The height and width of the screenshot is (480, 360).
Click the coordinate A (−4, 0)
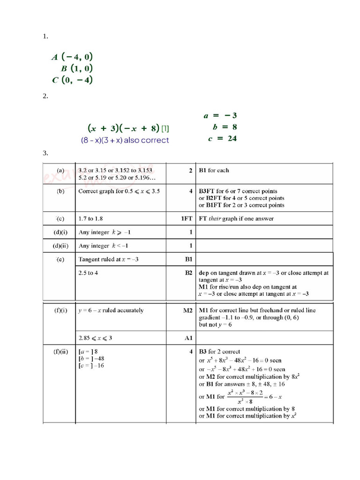(x=72, y=57)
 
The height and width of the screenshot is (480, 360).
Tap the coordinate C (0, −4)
(x=72, y=80)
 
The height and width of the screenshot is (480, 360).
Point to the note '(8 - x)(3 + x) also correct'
(x=125, y=140)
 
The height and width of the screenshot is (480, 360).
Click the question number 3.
(x=45, y=153)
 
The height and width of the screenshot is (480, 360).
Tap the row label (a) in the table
(x=60, y=170)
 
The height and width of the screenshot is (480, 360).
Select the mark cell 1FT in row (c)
(x=187, y=218)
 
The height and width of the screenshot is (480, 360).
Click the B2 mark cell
(x=188, y=272)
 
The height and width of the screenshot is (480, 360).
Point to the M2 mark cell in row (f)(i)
(x=187, y=310)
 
